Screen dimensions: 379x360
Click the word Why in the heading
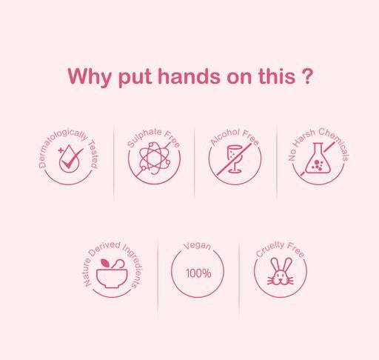(90, 77)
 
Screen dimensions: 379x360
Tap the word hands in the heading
(189, 76)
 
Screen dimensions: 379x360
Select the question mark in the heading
(307, 76)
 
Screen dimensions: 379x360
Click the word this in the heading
(277, 76)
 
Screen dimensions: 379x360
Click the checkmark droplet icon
(71, 159)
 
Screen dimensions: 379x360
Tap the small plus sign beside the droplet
(61, 150)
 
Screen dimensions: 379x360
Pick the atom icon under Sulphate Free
(154, 159)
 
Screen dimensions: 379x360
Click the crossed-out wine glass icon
(235, 159)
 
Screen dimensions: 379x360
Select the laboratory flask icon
(318, 159)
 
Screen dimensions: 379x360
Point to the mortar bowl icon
(112, 275)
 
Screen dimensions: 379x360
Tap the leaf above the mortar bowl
(106, 263)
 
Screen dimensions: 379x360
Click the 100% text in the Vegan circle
(198, 273)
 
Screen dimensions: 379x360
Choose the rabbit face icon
(281, 271)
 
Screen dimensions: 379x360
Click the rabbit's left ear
(275, 265)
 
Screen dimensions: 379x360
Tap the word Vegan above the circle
(197, 246)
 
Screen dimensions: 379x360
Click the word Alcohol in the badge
(224, 136)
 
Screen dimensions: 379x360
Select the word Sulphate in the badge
(144, 137)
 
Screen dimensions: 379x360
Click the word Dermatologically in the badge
(61, 145)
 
